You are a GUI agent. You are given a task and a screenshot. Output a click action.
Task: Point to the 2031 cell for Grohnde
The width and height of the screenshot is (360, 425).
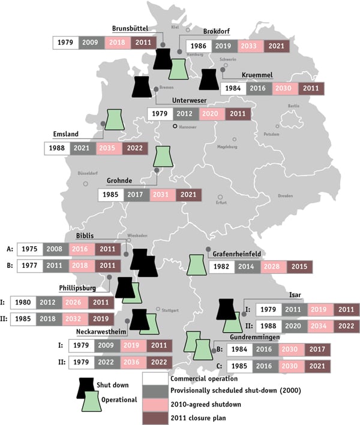tap(163, 195)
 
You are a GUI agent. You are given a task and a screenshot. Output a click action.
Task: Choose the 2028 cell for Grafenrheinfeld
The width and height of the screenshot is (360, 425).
tap(274, 268)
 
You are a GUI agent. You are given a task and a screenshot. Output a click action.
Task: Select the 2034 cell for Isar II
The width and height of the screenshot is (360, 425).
tap(320, 326)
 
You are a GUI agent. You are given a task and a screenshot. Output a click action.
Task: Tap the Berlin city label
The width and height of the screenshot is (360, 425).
tap(293, 106)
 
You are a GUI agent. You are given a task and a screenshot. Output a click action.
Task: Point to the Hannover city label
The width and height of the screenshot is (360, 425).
tap(191, 127)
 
